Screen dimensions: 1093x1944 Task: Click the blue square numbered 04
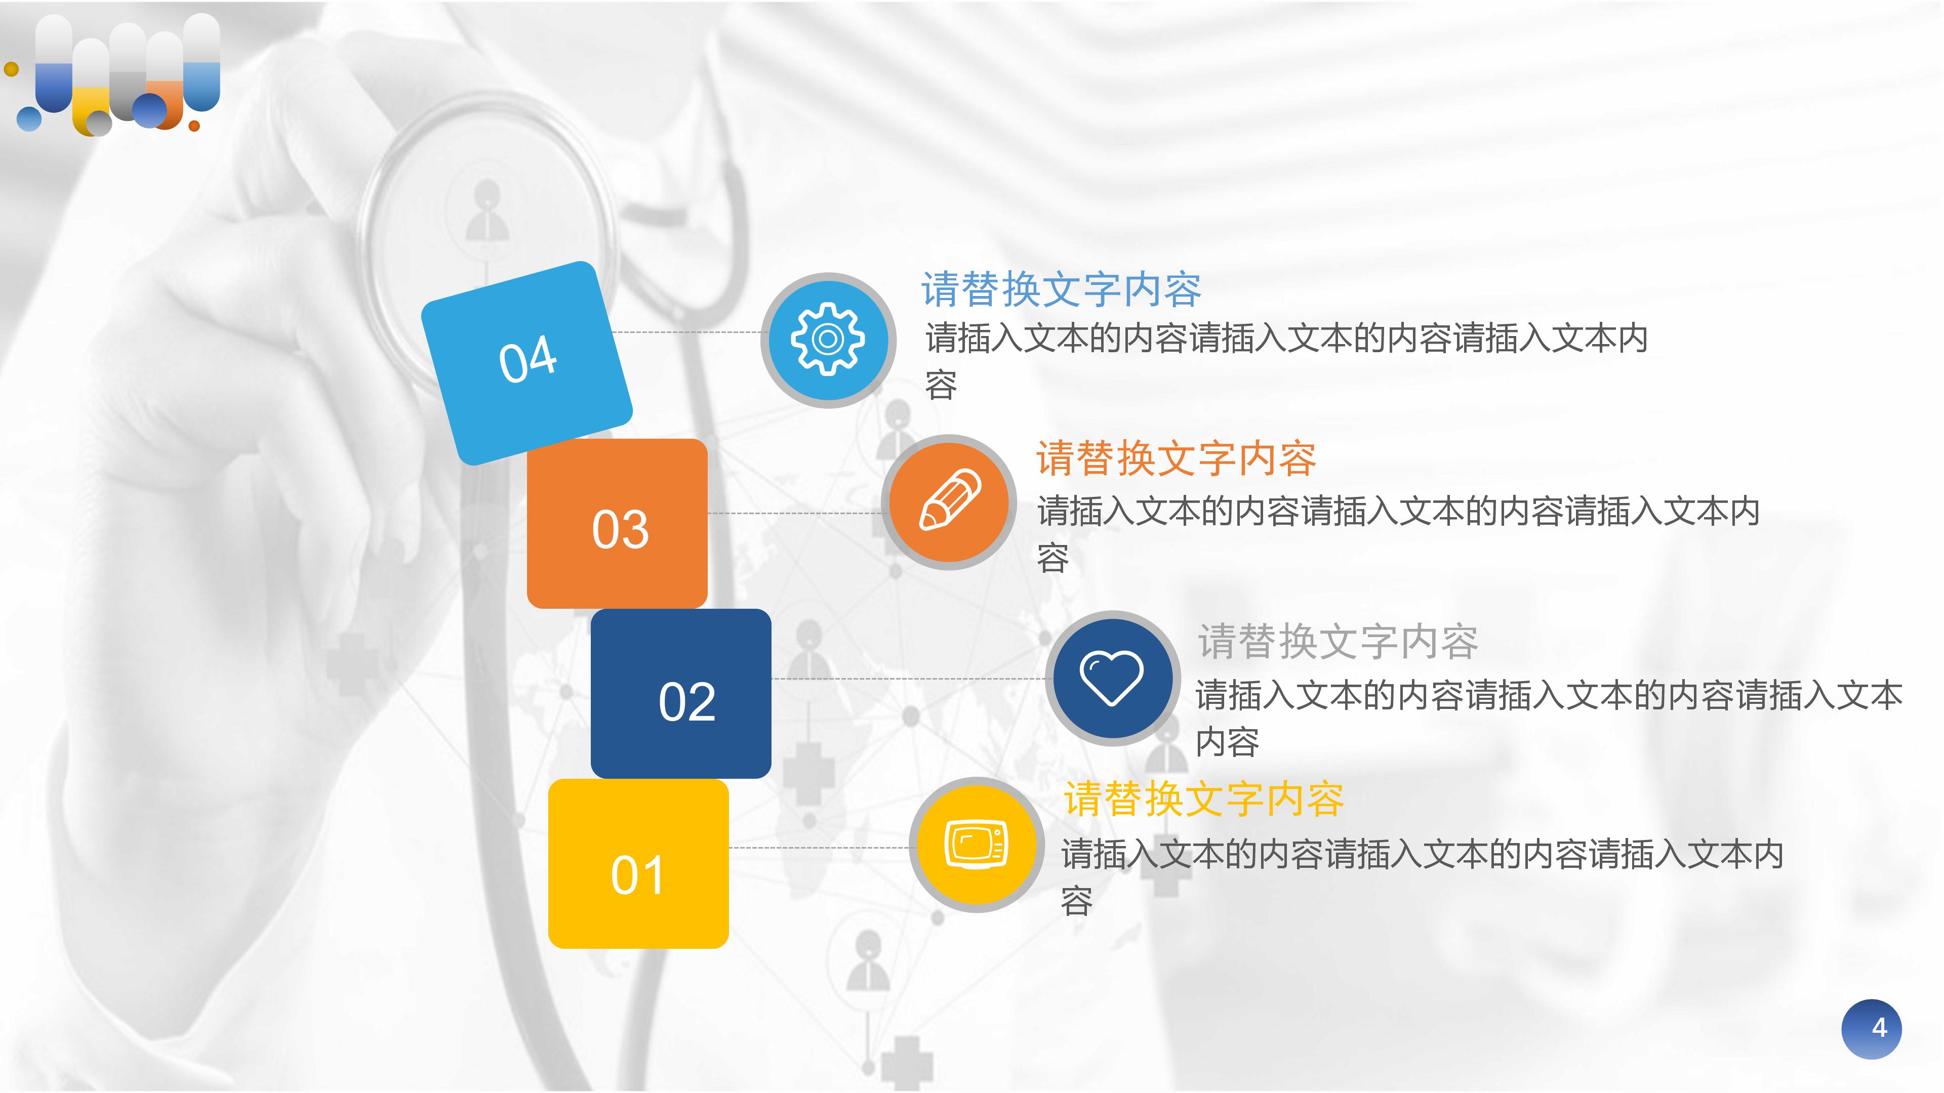tap(526, 362)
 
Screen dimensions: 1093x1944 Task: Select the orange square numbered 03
tap(617, 524)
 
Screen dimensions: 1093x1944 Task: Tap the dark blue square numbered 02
tap(681, 694)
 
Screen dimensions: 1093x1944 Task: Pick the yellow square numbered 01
tap(638, 864)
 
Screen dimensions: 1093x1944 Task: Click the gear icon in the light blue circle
tap(828, 340)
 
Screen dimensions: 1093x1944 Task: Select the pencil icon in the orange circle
tap(949, 501)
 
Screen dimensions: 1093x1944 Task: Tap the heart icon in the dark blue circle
tap(1112, 678)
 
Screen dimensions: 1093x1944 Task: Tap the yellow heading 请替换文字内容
tap(1204, 800)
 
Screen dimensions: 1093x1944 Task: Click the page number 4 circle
tap(1872, 1029)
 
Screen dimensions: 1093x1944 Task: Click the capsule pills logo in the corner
tap(117, 75)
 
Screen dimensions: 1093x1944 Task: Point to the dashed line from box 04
tap(687, 332)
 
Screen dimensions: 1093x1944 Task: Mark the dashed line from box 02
tap(906, 679)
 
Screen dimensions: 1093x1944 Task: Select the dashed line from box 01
tap(819, 848)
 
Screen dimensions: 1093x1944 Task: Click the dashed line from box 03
tap(792, 513)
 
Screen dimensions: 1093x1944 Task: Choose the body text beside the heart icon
tap(1547, 717)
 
